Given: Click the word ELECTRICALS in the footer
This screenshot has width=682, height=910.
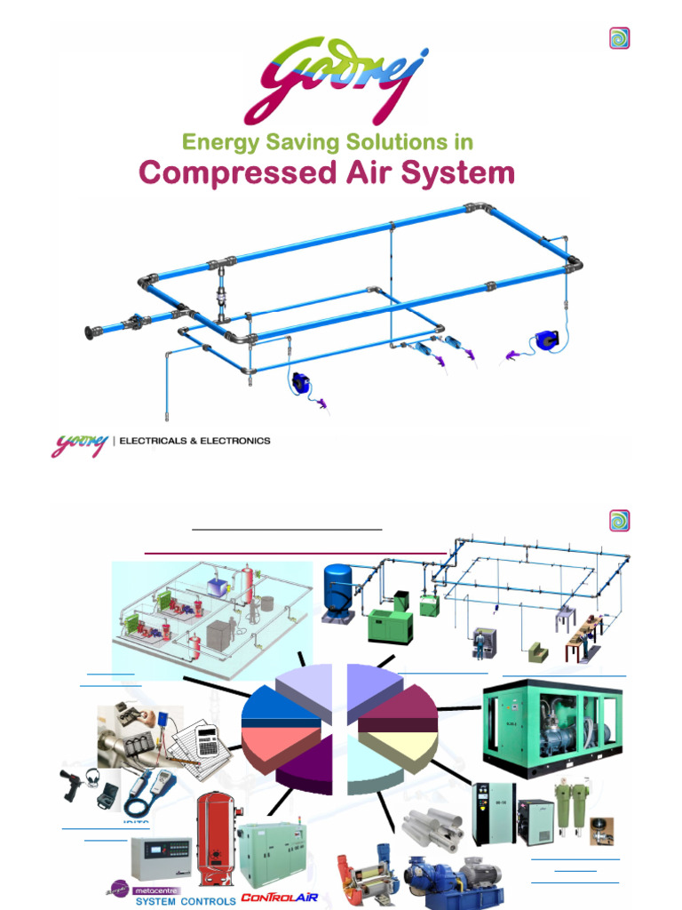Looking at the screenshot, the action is (155, 441).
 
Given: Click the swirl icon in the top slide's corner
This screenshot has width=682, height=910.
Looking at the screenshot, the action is (619, 38).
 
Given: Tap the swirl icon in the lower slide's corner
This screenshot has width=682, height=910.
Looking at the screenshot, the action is (619, 521).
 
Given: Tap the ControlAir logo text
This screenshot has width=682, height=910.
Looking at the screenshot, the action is (279, 898).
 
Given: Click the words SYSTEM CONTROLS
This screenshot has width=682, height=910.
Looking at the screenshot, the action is (185, 901).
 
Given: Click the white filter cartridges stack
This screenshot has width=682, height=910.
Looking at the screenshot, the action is (432, 826).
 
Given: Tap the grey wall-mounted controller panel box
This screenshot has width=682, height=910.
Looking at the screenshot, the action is (161, 858).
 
